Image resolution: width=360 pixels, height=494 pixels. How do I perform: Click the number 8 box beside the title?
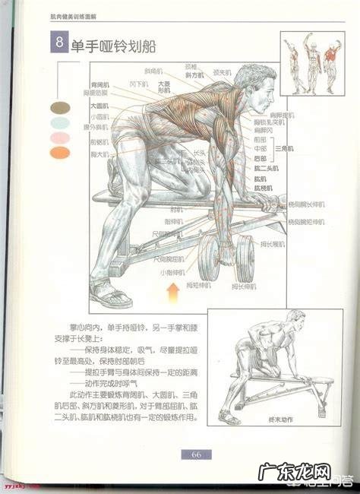pos(58,43)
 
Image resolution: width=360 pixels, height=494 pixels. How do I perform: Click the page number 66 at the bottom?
pos(196,454)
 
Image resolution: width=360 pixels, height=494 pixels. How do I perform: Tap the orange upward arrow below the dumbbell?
pos(174,289)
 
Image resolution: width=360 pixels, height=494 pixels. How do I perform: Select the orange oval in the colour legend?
pos(59,153)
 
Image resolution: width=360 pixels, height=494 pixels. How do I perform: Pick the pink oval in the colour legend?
pos(59,138)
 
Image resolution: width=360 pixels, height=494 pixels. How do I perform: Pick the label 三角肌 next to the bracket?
pos(283,147)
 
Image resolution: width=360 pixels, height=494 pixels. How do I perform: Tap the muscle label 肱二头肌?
pos(264,167)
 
